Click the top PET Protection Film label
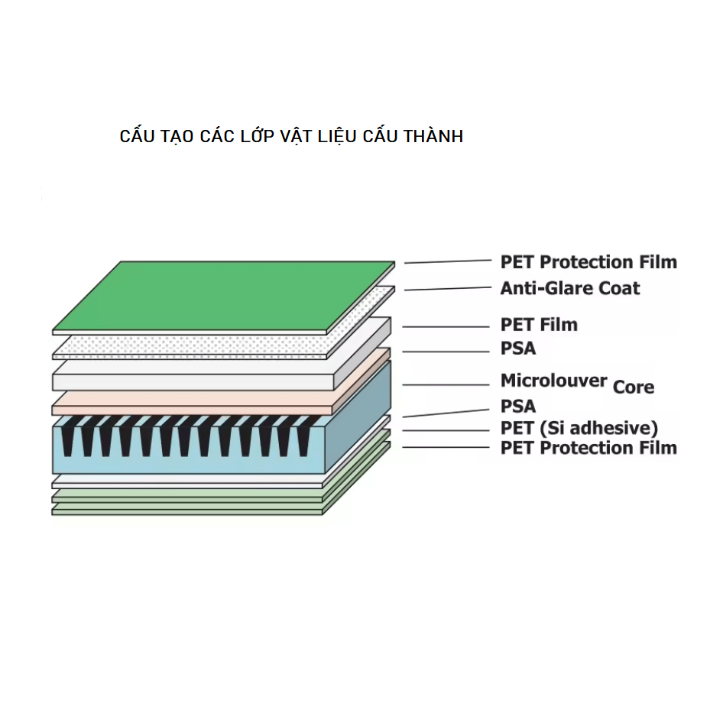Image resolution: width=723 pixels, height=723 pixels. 588,262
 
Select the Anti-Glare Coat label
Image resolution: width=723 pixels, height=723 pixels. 570,288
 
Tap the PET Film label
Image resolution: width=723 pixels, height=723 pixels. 539,325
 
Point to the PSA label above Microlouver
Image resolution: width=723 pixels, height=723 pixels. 518,349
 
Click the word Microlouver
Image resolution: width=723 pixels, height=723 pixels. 554,381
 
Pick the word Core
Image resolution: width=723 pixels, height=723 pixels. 634,387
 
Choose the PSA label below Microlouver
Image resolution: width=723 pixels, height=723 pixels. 518,407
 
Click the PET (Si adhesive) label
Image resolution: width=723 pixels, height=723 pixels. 579,428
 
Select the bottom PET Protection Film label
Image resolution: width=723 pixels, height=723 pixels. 588,448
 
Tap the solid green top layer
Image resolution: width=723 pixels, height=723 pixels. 224,296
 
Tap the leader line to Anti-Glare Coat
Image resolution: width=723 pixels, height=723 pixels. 448,289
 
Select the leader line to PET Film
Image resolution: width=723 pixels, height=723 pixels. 446,327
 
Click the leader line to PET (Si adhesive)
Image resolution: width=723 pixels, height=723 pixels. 446,430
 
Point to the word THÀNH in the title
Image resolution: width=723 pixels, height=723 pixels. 433,136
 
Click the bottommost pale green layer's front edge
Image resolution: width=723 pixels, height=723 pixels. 187,512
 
